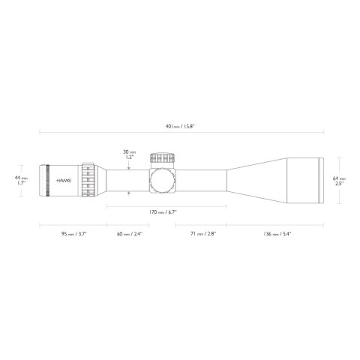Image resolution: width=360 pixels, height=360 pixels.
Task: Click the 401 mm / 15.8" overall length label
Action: [x=180, y=125]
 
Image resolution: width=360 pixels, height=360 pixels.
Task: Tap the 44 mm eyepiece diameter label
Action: [x=22, y=178]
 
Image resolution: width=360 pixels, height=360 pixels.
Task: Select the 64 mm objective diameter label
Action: [x=339, y=178]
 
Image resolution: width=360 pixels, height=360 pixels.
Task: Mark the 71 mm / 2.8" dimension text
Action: [x=202, y=234]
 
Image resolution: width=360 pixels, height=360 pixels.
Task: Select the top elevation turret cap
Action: [x=163, y=159]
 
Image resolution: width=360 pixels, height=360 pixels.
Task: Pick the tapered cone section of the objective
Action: [x=251, y=180]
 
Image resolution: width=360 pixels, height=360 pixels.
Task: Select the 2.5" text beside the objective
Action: [x=339, y=183]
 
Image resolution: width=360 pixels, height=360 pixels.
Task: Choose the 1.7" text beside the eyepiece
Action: [x=22, y=183]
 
